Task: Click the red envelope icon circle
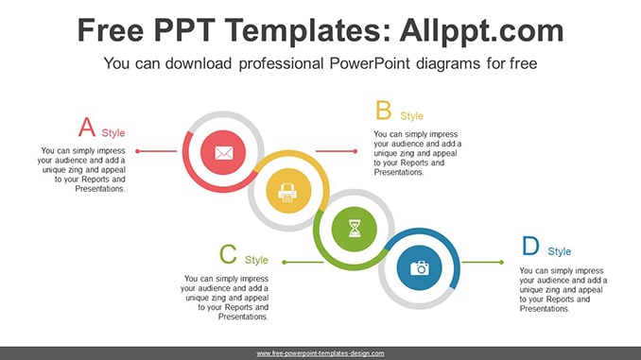pos(223,152)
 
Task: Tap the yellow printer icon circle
pos(288,191)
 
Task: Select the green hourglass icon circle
pos(354,229)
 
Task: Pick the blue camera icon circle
pos(420,267)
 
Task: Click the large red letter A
pos(87,127)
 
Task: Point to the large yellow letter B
pos(384,111)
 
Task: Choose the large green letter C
pos(228,254)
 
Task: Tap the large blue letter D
pos(530,246)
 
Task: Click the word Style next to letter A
pos(113,133)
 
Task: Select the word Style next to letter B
pos(411,116)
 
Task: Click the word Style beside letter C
pos(256,260)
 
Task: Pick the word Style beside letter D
pos(560,251)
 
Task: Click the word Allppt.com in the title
pos(481,30)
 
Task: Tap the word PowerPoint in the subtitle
pos(370,63)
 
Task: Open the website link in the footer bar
pos(320,353)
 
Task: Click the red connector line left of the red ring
pos(157,151)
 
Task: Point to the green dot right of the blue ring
pos(501,263)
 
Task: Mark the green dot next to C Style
pos(285,263)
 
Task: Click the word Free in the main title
pos(111,30)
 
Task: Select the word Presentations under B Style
pos(399,172)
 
